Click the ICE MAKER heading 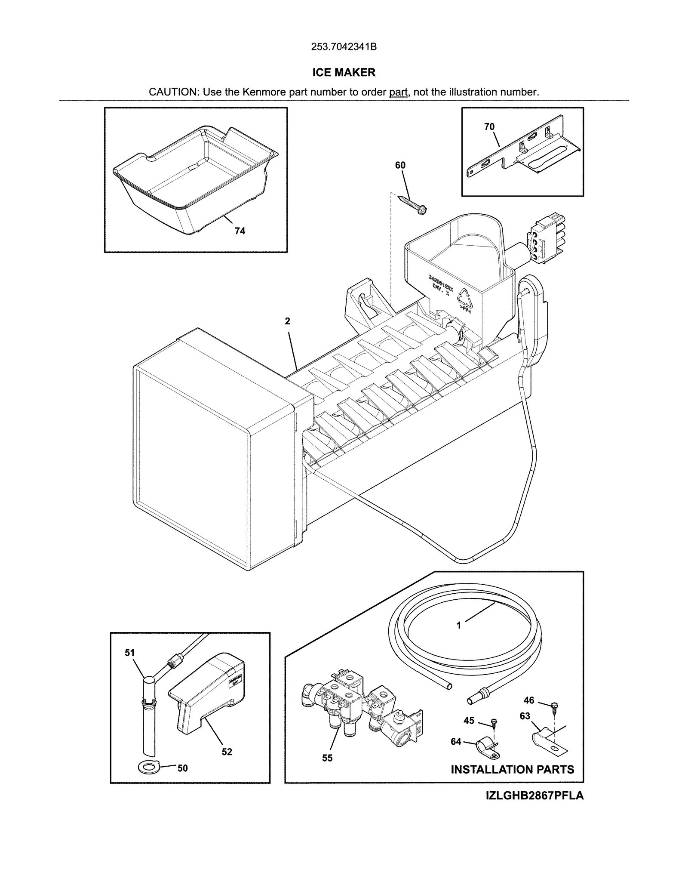pos(344,72)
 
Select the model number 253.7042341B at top pos(344,47)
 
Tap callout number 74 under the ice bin pos(240,231)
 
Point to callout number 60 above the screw pos(400,165)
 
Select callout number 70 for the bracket pos(489,126)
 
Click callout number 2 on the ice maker pos(287,321)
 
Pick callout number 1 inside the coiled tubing pos(459,625)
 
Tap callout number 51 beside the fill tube pos(129,653)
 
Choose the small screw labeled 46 pos(554,705)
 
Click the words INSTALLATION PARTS pos(512,769)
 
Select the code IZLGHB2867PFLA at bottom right pos(534,795)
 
